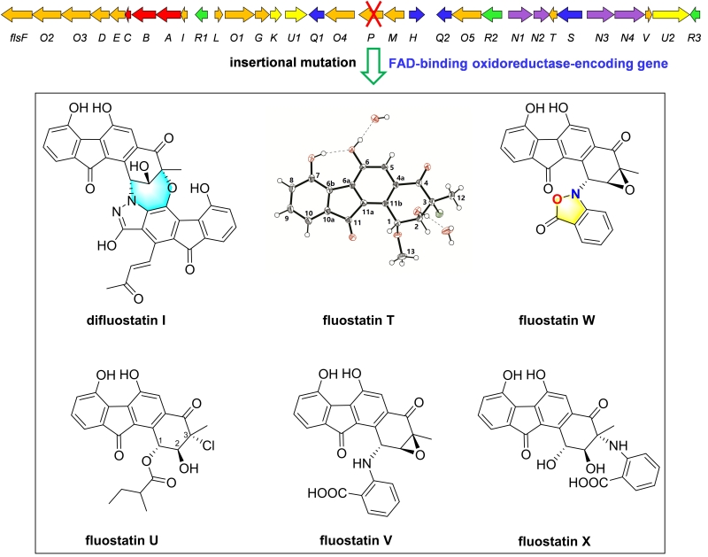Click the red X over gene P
(372, 14)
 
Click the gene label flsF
(16, 39)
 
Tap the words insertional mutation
(289, 64)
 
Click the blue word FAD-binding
(424, 64)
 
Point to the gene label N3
(602, 39)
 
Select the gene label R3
(694, 39)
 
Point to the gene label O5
(468, 39)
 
